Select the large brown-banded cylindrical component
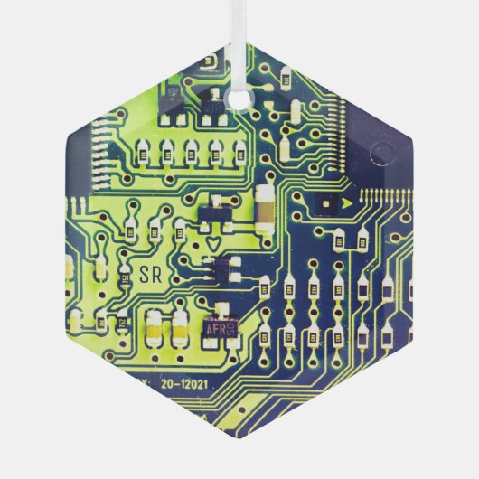click(x=266, y=210)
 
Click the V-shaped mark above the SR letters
click(x=213, y=242)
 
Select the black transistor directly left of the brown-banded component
click(x=214, y=212)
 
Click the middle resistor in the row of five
click(x=193, y=150)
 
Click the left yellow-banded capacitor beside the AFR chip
click(x=155, y=329)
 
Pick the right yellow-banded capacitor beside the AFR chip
click(x=181, y=329)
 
